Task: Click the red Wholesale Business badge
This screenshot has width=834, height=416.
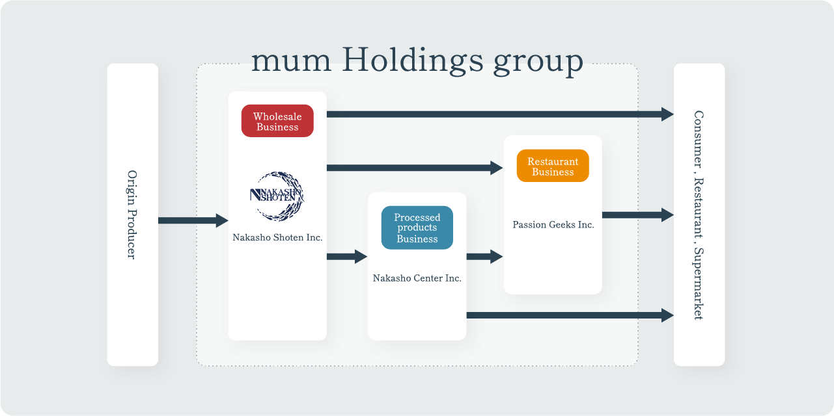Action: pyautogui.click(x=277, y=122)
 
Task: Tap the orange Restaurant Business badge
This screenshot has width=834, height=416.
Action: pyautogui.click(x=553, y=166)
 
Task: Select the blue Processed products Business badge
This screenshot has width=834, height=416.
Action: pyautogui.click(x=417, y=228)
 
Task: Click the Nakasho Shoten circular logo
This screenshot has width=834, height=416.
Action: pyautogui.click(x=277, y=195)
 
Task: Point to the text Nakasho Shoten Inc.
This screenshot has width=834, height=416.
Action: pyautogui.click(x=277, y=238)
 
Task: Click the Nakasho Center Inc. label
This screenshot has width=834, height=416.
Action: pyautogui.click(x=417, y=278)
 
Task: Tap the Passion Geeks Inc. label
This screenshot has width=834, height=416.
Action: pyautogui.click(x=553, y=225)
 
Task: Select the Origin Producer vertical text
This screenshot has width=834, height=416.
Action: pyautogui.click(x=132, y=214)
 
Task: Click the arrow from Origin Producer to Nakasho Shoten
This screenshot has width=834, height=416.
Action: pyautogui.click(x=193, y=220)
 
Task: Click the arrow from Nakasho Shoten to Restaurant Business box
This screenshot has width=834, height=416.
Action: pyautogui.click(x=414, y=168)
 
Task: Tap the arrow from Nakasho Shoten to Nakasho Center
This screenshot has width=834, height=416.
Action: pyautogui.click(x=346, y=256)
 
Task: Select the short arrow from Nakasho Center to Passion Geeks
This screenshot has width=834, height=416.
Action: pyautogui.click(x=484, y=256)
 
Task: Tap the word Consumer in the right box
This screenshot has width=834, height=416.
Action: pyautogui.click(x=699, y=140)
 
